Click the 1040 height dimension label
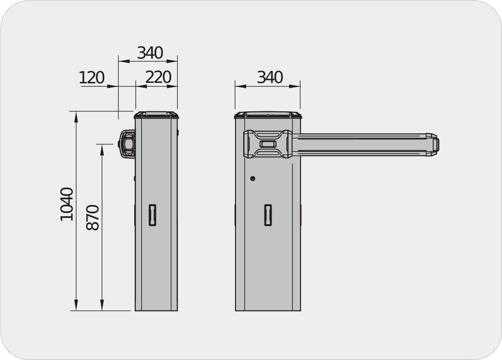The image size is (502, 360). (67, 204)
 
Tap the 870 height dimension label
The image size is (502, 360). (93, 217)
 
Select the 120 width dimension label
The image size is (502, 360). (92, 78)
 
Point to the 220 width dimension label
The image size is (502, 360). (158, 77)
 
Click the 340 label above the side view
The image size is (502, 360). (150, 53)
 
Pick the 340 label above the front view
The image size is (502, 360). (269, 77)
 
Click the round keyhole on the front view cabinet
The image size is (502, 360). (252, 178)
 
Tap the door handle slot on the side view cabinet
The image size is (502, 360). (152, 215)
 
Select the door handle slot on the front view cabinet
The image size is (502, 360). (268, 215)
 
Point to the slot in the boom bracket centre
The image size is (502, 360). (268, 144)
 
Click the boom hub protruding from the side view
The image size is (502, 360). (127, 144)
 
